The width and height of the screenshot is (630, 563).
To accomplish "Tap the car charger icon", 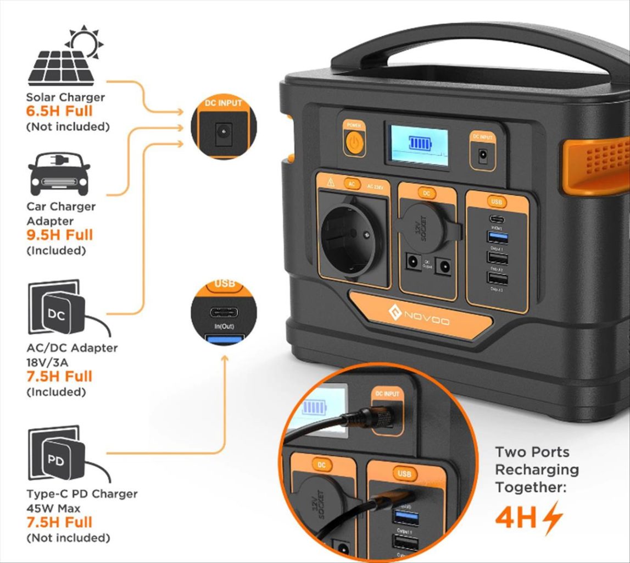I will (x=59, y=173).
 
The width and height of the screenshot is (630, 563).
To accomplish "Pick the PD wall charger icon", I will (x=56, y=454).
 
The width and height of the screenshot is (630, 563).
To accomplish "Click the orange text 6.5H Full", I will (x=59, y=112).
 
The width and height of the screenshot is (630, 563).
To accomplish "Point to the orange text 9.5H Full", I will (x=59, y=235).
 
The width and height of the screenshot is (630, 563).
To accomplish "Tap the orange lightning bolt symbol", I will (x=552, y=517).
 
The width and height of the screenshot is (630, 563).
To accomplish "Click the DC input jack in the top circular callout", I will (x=223, y=132).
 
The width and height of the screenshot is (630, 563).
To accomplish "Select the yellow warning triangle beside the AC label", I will (x=331, y=183).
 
